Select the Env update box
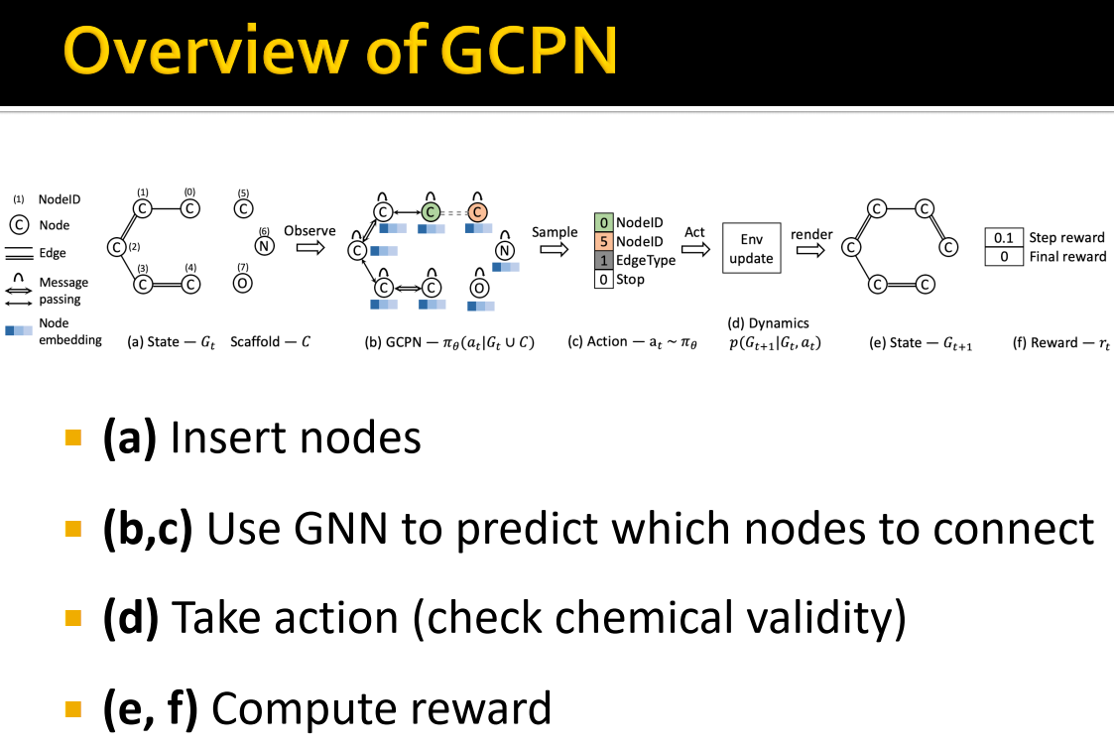751,249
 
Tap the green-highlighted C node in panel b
430,212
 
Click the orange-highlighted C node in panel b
477,212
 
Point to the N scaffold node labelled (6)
264,247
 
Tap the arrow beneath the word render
810,251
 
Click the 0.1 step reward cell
1004,238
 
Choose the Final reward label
1067,257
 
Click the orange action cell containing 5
603,242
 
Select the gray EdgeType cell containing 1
603,260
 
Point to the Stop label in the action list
630,280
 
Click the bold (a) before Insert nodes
129,437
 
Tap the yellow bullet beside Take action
72,618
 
